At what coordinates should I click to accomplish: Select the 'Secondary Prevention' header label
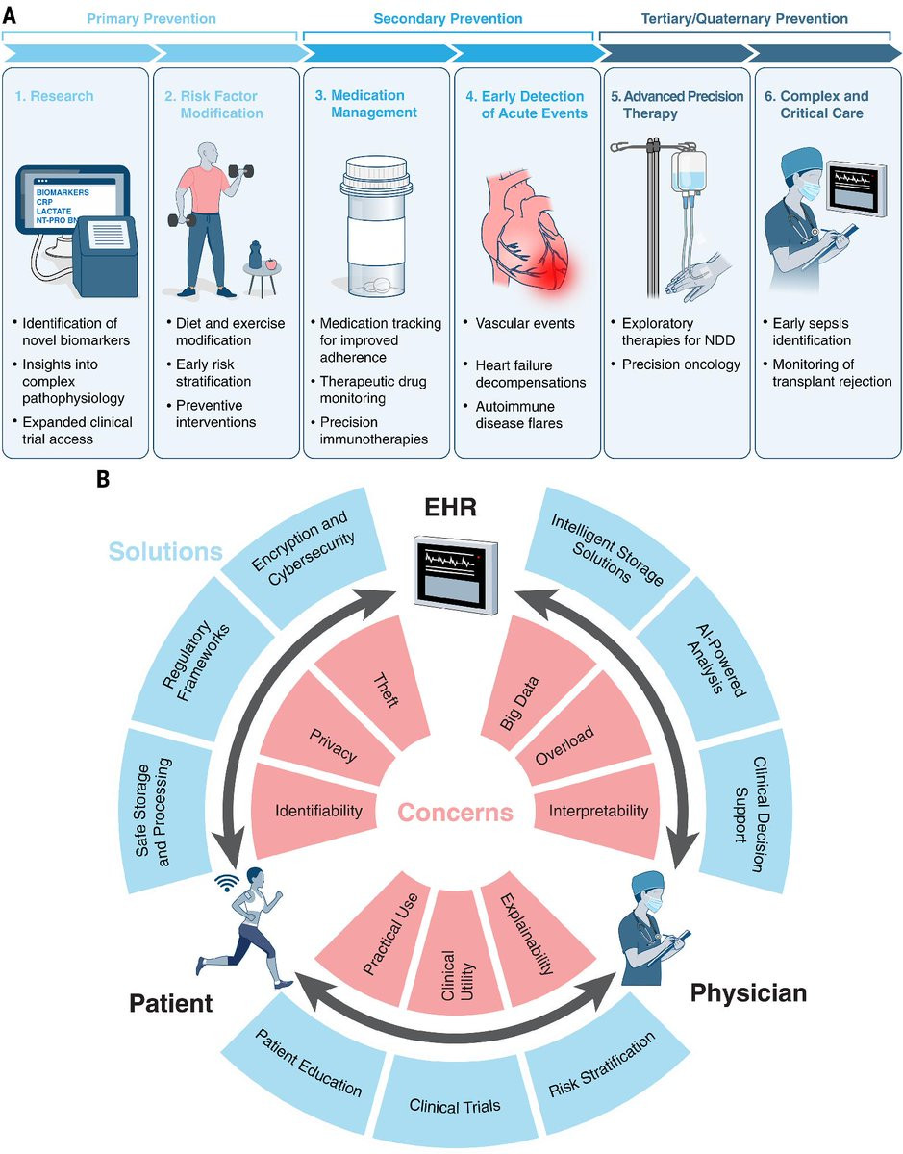pos(449,18)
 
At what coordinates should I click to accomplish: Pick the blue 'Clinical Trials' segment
pos(455,1106)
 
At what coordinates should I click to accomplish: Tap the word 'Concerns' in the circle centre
pos(456,813)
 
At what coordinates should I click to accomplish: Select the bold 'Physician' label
pos(748,992)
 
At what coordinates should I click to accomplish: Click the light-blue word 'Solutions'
pos(164,551)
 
